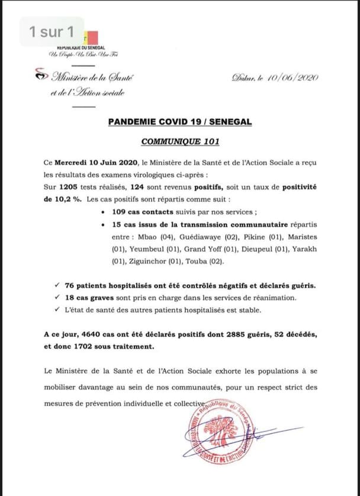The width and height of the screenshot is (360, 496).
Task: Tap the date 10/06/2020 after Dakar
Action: (x=290, y=78)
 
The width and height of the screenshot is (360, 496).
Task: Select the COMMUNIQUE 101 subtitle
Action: (x=180, y=142)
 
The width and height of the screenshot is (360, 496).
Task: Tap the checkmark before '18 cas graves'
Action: (x=55, y=298)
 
